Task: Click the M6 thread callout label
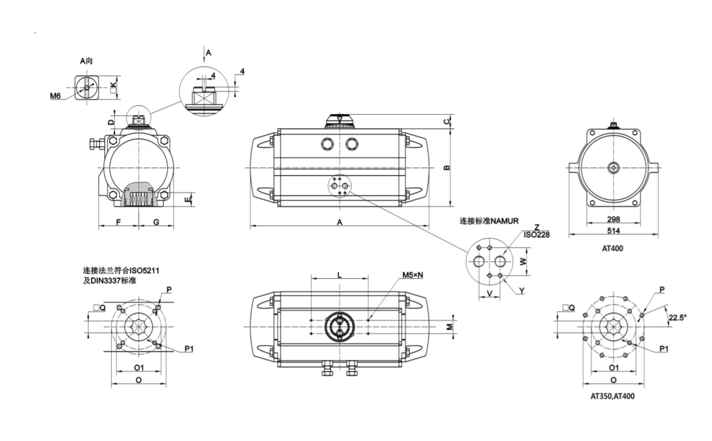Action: coord(55,95)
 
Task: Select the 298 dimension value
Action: coord(613,219)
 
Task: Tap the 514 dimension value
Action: coord(613,230)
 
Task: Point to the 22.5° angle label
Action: coord(677,318)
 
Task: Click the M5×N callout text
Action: coord(413,275)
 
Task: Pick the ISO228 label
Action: coord(537,234)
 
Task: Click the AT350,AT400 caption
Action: coord(612,396)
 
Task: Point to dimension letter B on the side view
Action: coord(447,168)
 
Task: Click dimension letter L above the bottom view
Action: coord(339,275)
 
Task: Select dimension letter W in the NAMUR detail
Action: coord(523,261)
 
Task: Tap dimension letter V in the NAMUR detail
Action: coord(490,293)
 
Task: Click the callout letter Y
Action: coord(522,291)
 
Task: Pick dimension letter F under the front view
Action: coord(119,222)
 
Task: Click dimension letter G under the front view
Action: coord(156,222)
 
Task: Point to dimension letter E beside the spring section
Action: coord(188,200)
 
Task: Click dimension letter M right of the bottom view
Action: coord(449,326)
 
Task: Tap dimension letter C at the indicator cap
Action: coord(447,121)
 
